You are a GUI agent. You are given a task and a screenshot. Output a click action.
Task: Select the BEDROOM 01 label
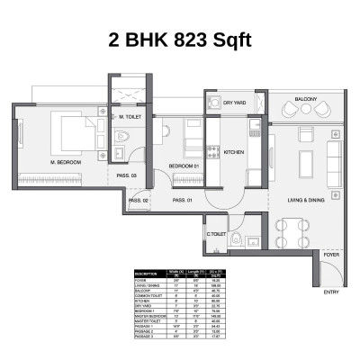point(184,166)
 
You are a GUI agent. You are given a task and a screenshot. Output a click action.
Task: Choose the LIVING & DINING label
point(305,200)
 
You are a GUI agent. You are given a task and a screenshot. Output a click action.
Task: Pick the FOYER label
point(332,254)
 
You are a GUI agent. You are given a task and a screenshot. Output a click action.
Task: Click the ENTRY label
point(331,292)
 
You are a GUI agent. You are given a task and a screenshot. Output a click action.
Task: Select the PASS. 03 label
point(126,175)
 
